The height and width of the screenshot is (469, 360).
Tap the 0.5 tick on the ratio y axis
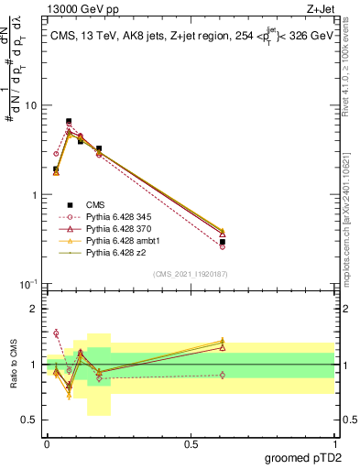click(x=30, y=420)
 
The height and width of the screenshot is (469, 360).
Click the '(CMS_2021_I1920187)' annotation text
click(x=190, y=273)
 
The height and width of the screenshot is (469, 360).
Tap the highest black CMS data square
click(x=69, y=121)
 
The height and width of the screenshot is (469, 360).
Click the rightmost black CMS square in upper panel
click(x=223, y=242)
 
